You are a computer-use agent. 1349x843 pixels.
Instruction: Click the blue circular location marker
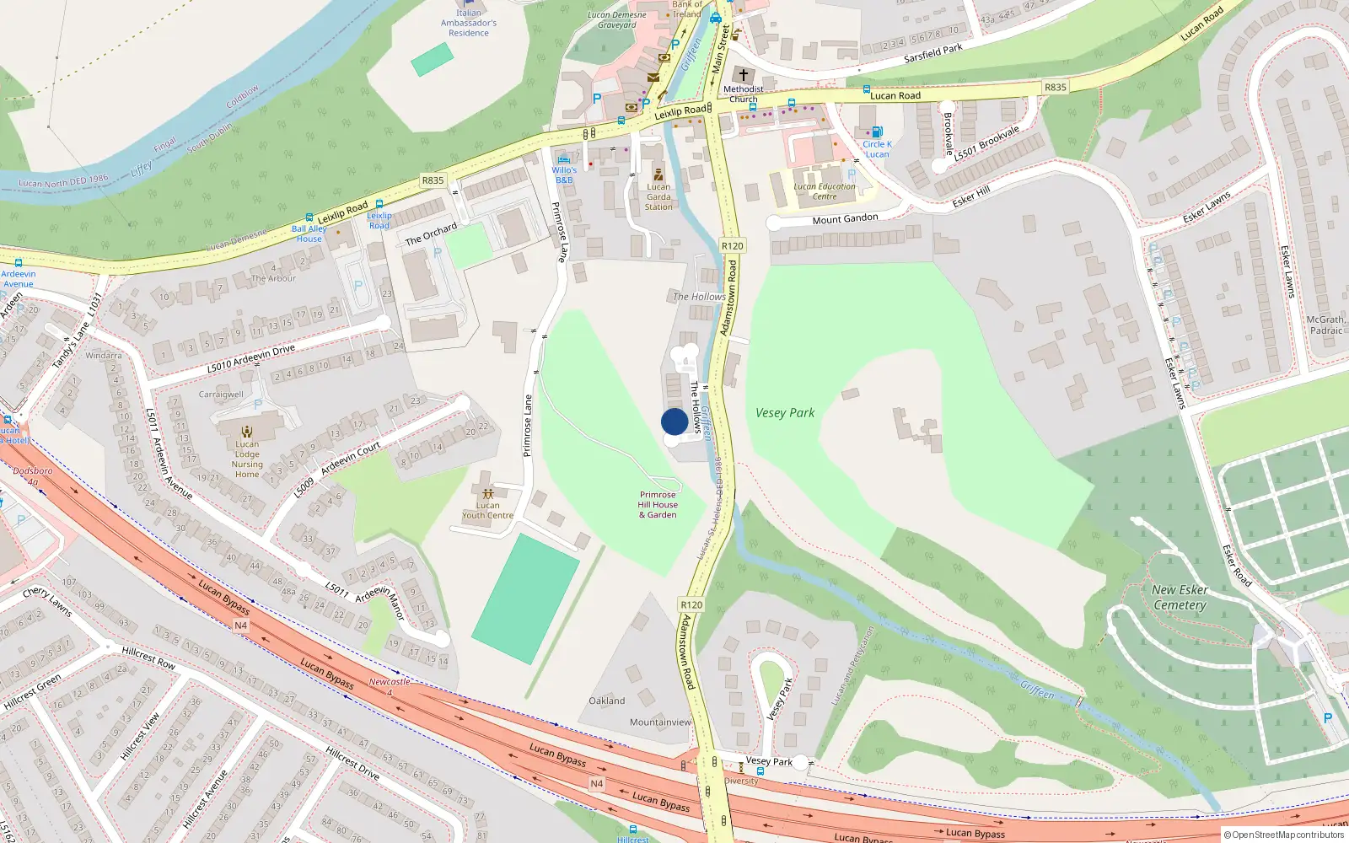[x=674, y=421]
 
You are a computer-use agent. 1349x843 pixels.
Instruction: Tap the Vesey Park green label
[x=785, y=413]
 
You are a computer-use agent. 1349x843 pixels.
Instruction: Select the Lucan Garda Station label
[x=658, y=196]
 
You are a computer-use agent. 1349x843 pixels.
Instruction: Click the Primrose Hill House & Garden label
[x=658, y=505]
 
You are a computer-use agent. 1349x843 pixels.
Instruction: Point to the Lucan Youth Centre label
[x=487, y=510]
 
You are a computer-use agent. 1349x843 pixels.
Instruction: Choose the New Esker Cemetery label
[x=1180, y=598]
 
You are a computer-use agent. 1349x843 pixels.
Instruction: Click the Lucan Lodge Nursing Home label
[x=247, y=459]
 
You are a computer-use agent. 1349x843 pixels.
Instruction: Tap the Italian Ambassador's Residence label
[x=469, y=23]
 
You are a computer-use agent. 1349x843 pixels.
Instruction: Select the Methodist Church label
[x=743, y=94]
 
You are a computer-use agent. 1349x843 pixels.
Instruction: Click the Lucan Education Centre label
[x=825, y=191]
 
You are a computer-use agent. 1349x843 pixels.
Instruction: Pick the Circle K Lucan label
[x=877, y=149]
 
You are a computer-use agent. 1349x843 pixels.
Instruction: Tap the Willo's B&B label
[x=564, y=175]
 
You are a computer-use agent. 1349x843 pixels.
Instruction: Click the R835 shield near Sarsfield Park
[x=1055, y=87]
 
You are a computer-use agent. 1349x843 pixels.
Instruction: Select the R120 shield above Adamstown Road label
[x=732, y=246]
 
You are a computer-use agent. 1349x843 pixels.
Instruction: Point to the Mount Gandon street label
[x=845, y=219]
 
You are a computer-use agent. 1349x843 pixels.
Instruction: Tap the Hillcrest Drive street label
[x=352, y=762]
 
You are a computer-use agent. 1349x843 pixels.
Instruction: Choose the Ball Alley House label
[x=309, y=234]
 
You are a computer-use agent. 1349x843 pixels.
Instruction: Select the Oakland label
[x=607, y=701]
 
